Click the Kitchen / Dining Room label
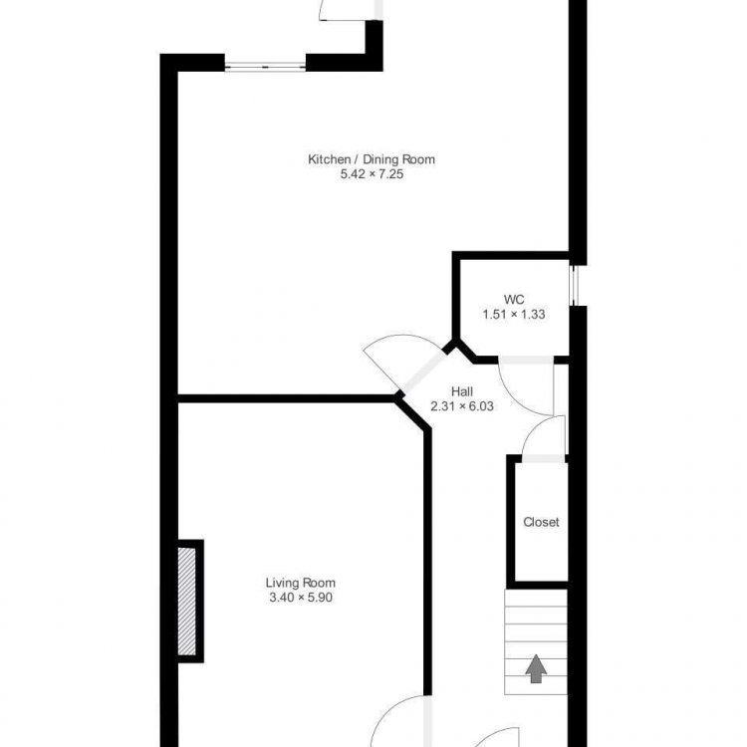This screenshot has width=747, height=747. (x=372, y=159)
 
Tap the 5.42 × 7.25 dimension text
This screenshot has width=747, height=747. (x=372, y=174)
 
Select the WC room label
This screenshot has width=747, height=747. (x=514, y=300)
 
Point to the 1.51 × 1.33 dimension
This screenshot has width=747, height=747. (x=514, y=315)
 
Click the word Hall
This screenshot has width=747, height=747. (x=462, y=391)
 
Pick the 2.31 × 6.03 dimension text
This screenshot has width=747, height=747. (x=462, y=406)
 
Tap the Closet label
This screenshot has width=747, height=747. (x=541, y=522)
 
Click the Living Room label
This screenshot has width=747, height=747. (x=301, y=583)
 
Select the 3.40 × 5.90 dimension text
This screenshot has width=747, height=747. (x=301, y=598)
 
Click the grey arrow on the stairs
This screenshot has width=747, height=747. (x=536, y=669)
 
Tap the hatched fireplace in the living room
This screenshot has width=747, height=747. (x=187, y=602)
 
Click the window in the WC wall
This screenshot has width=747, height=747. (x=574, y=286)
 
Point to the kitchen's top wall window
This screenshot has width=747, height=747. (x=265, y=68)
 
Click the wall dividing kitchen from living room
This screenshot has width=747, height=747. (x=286, y=398)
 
